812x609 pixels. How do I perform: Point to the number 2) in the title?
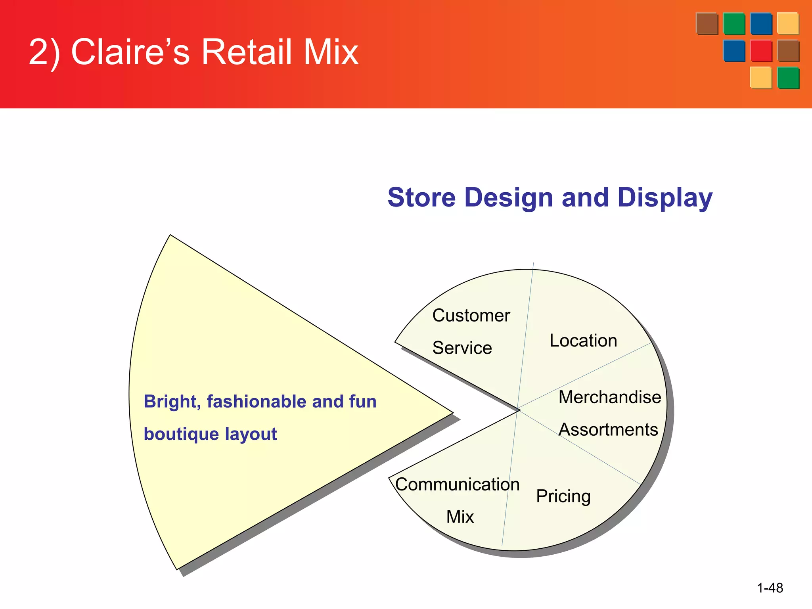coord(44,53)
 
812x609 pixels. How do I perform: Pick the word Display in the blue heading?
coord(665,198)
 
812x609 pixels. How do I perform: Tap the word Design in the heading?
coord(509,198)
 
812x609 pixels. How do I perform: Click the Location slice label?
coord(583,341)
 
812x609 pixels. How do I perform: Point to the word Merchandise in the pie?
coord(609,397)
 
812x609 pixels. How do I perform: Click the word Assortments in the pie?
coord(608,429)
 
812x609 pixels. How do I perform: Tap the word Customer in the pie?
coord(471,316)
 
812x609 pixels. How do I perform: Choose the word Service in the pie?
coord(462,348)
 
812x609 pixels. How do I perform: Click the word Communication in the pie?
coord(457,485)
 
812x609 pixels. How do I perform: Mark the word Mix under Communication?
coord(460,517)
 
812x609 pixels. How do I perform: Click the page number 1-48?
coord(770,588)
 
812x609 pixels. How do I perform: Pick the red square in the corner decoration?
coord(761,51)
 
